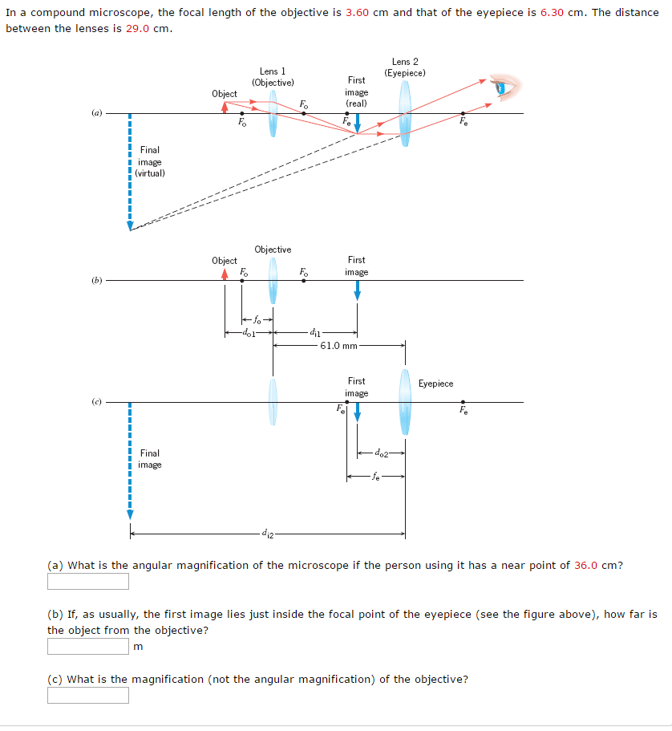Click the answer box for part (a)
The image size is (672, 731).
[88, 581]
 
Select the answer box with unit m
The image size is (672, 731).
[88, 646]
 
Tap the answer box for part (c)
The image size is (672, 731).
[88, 695]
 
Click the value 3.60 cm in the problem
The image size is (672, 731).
[367, 13]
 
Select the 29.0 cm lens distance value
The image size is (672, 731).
[148, 28]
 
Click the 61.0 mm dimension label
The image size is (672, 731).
[338, 346]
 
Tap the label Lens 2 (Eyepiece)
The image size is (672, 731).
[405, 67]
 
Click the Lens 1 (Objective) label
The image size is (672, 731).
[273, 77]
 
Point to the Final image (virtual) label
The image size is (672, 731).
[150, 161]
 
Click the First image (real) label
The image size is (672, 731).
[357, 91]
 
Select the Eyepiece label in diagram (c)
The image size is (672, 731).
[435, 384]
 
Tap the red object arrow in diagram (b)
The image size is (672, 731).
[225, 274]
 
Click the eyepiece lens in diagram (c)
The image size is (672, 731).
[406, 402]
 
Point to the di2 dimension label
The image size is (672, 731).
[266, 534]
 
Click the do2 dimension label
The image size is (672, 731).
[382, 454]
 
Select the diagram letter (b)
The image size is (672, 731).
[97, 280]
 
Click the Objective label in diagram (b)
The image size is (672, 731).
[273, 250]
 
